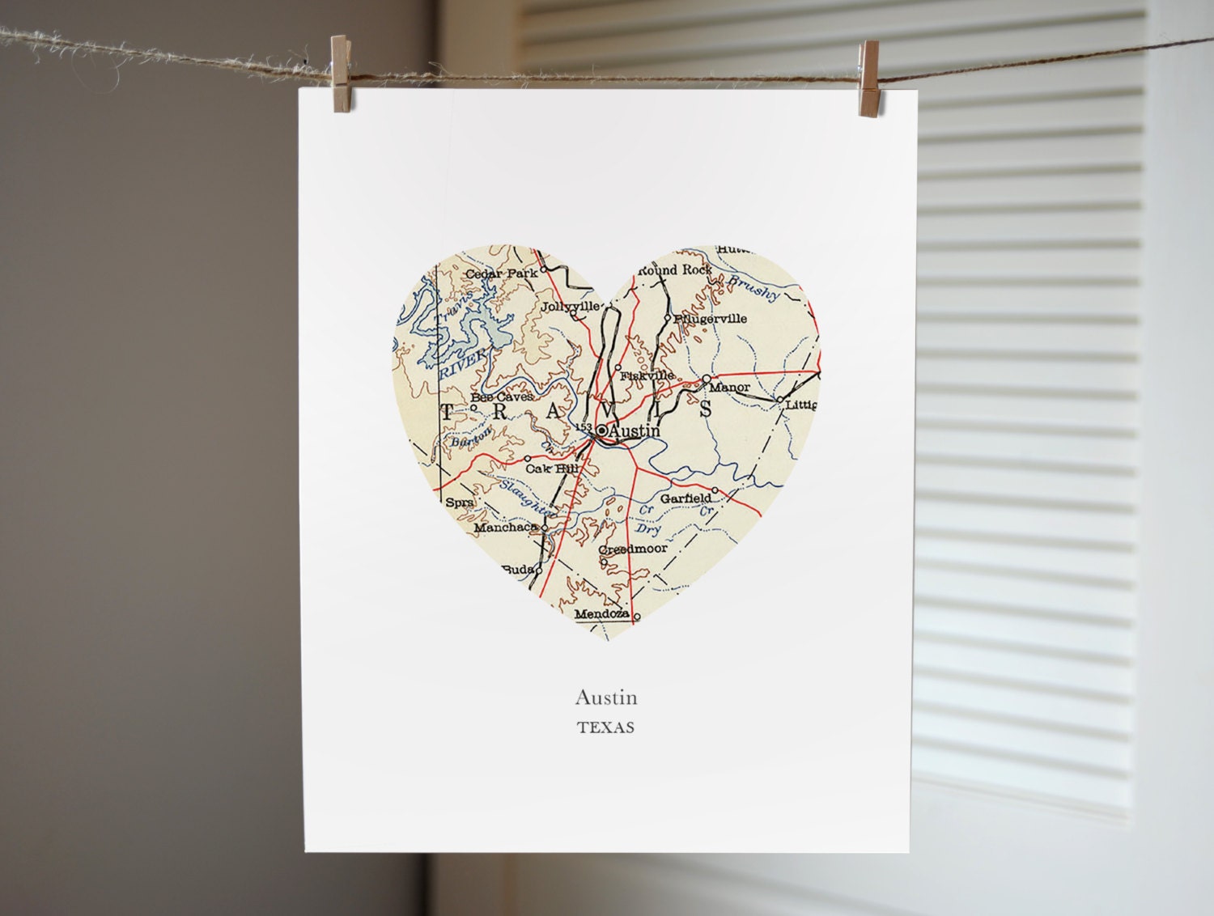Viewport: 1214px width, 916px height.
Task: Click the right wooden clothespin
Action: pyautogui.click(x=871, y=66)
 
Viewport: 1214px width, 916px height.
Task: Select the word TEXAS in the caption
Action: pyautogui.click(x=605, y=727)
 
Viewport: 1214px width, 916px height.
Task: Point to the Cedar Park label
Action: pyautogui.click(x=502, y=274)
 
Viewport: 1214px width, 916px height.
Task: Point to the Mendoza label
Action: pyautogui.click(x=601, y=615)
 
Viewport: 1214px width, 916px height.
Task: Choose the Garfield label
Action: pyautogui.click(x=686, y=498)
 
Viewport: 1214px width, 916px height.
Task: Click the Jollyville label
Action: pyautogui.click(x=571, y=306)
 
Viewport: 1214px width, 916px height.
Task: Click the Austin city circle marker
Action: pyautogui.click(x=601, y=430)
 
